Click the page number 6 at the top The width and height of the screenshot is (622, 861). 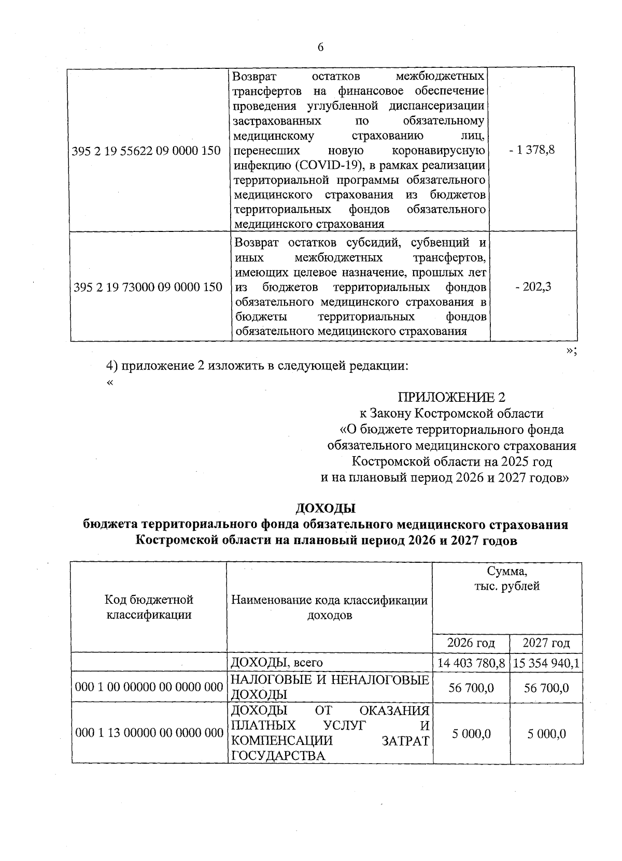coord(320,48)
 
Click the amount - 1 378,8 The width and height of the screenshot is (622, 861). coord(532,150)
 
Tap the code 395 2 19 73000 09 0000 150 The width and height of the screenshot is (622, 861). coord(148,287)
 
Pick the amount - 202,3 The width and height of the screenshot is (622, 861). coord(533,287)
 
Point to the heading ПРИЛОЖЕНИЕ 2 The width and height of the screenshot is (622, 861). coord(451,397)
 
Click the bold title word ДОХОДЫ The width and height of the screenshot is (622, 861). coord(326,508)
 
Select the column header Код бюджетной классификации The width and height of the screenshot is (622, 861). coord(149,607)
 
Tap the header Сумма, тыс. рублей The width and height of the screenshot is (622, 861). coord(507,579)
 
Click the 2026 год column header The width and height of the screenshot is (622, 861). coord(471,643)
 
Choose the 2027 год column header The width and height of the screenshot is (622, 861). coord(546,643)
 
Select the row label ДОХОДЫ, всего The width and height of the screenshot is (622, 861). coord(277,663)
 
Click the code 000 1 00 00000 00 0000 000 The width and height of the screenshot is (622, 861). coord(149,687)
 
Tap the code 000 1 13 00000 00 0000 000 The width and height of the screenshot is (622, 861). coord(149,733)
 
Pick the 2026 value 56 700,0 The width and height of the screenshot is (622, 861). coord(471,688)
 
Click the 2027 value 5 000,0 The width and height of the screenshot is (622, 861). coord(546,734)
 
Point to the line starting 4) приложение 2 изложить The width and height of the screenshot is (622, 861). coord(258,366)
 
